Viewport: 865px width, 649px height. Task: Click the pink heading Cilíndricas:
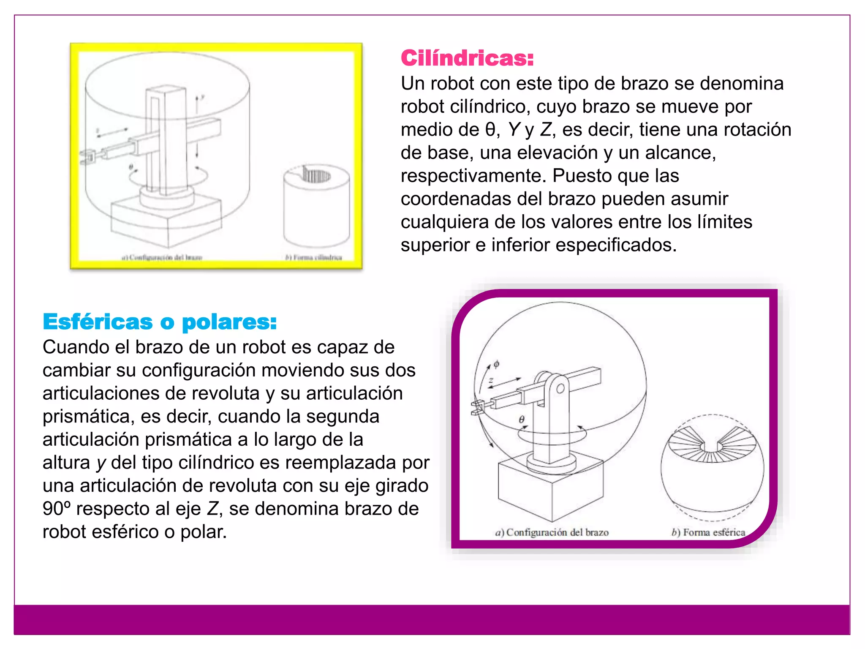click(x=467, y=58)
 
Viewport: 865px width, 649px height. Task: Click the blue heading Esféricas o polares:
click(x=160, y=322)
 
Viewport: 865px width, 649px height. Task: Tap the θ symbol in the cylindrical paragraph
click(x=490, y=129)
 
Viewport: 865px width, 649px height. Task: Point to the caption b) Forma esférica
click(x=708, y=532)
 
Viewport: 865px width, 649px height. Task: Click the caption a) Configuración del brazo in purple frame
click(x=552, y=532)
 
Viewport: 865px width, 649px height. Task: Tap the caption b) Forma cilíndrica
click(x=313, y=257)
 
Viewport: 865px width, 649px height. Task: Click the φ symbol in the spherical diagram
click(x=496, y=364)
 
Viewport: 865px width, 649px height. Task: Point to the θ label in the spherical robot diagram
click(x=522, y=420)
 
